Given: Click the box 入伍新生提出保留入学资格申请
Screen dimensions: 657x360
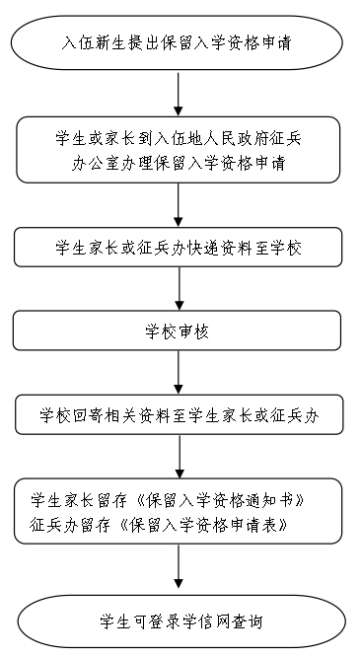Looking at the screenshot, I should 179,44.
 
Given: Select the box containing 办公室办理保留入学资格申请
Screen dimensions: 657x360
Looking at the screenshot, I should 179,150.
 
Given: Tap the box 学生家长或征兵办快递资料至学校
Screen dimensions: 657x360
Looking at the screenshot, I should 179,248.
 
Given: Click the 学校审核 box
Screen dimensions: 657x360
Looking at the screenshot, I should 179,330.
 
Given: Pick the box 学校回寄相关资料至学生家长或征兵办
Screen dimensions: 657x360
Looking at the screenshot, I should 179,414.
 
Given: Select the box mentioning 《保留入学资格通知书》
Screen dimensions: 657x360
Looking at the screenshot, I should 179,510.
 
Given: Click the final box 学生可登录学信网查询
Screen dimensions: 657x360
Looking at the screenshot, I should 179,621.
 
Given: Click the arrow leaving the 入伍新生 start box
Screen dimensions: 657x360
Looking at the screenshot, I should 179,95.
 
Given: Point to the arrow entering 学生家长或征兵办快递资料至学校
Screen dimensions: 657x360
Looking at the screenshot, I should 179,205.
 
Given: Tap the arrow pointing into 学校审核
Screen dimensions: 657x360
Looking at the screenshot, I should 179,290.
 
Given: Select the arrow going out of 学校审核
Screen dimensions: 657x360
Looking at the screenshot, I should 179,373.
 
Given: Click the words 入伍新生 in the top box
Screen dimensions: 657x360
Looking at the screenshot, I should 93,44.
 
